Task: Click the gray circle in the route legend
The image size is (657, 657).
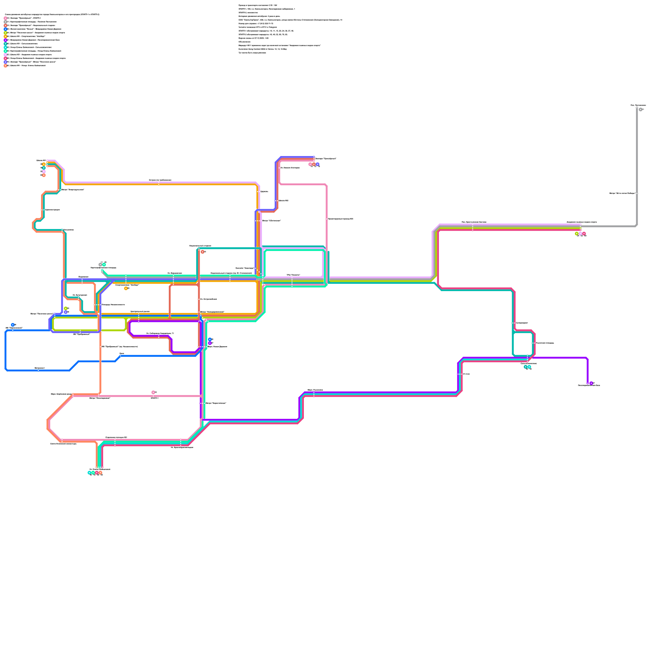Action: point(5,22)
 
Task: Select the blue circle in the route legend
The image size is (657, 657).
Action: point(5,29)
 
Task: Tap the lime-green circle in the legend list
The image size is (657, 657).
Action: point(5,33)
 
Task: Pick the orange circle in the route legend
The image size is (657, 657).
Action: point(5,37)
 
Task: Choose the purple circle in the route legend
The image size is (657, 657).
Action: point(5,40)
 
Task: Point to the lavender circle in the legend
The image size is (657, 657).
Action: point(5,55)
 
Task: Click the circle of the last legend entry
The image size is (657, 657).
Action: point(5,66)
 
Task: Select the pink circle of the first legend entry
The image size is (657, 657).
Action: point(5,18)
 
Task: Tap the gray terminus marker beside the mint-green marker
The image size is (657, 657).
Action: point(100,265)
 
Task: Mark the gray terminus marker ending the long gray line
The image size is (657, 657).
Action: point(641,110)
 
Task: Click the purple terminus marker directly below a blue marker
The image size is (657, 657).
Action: point(210,343)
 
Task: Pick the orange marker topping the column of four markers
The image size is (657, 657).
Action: point(44,164)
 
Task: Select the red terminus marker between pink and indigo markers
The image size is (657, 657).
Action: point(314,164)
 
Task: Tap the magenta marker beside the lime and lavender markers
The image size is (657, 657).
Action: point(584,234)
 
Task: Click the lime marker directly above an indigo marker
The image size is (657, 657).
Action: point(66,308)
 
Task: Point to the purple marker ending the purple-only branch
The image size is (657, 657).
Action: point(591,384)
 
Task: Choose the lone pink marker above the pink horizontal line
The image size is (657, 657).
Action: point(153,393)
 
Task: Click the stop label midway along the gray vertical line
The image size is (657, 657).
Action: point(623,193)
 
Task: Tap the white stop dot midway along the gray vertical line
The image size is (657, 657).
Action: point(637,193)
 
